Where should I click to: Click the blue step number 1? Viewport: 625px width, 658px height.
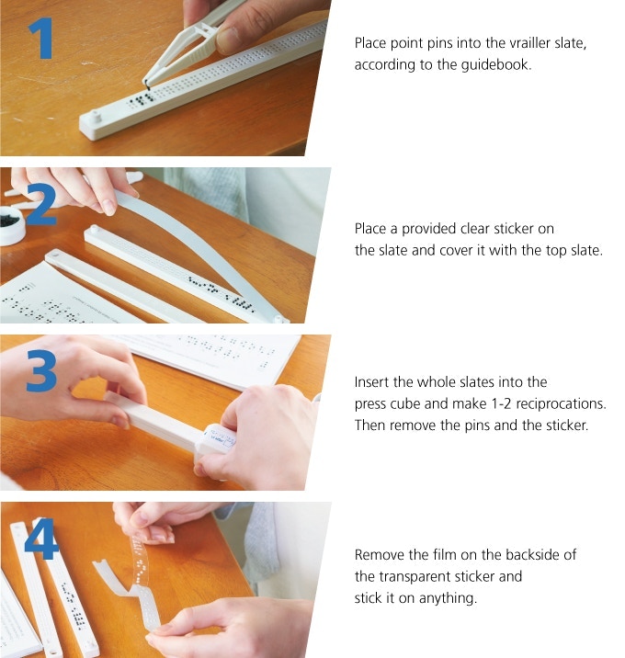[41, 39]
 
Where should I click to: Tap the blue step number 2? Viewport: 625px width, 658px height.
[41, 204]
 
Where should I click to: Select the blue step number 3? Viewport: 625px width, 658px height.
[41, 371]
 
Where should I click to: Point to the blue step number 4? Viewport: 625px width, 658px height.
[40, 539]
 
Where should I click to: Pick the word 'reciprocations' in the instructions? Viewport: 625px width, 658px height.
[561, 403]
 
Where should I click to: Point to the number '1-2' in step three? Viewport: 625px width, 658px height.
[501, 403]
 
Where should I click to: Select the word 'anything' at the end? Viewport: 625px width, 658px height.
[448, 598]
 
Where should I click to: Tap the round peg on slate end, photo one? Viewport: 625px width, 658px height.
[97, 116]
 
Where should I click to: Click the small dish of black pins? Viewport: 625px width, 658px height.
[12, 224]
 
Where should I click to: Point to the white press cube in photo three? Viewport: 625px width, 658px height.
[215, 439]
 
